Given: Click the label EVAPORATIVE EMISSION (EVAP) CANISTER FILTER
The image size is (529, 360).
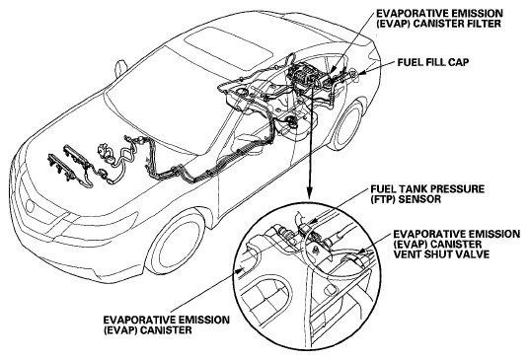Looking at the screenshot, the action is tap(439, 19).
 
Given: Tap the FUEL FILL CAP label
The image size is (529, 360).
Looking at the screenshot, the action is tap(433, 62).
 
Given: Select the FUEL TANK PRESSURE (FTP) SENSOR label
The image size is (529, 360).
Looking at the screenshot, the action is tap(427, 194).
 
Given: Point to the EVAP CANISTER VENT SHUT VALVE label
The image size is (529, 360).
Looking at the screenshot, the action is tap(457, 244).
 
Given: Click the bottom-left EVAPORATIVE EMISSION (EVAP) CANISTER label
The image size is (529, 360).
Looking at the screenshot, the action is tap(167, 324).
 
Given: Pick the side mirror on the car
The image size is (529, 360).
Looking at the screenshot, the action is tap(120, 68).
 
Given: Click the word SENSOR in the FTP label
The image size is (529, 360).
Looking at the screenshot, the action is tap(419, 199).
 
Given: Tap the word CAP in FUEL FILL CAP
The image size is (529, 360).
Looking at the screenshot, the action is tap(457, 62).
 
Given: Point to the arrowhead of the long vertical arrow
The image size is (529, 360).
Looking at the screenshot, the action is tap(309, 193).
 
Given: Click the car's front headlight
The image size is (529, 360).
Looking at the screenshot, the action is tap(38, 205).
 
